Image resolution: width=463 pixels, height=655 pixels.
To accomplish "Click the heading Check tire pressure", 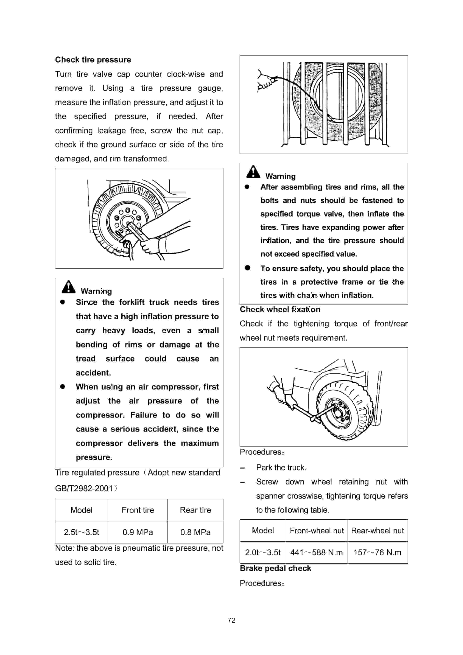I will [x=93, y=60].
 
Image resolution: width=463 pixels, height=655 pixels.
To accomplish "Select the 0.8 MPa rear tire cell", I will [x=195, y=532].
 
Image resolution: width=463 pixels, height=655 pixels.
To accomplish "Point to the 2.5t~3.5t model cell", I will [x=81, y=532].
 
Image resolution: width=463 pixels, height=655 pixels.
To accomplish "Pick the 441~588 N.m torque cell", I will [x=316, y=553].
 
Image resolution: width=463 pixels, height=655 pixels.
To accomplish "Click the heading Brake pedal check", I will [x=275, y=568].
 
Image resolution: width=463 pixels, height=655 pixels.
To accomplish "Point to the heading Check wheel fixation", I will [x=280, y=310].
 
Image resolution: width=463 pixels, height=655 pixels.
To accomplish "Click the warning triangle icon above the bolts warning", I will [x=253, y=172].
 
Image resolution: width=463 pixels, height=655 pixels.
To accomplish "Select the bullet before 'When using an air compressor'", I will [x=62, y=387].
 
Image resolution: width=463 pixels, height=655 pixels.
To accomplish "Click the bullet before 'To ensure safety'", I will [x=247, y=268].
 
